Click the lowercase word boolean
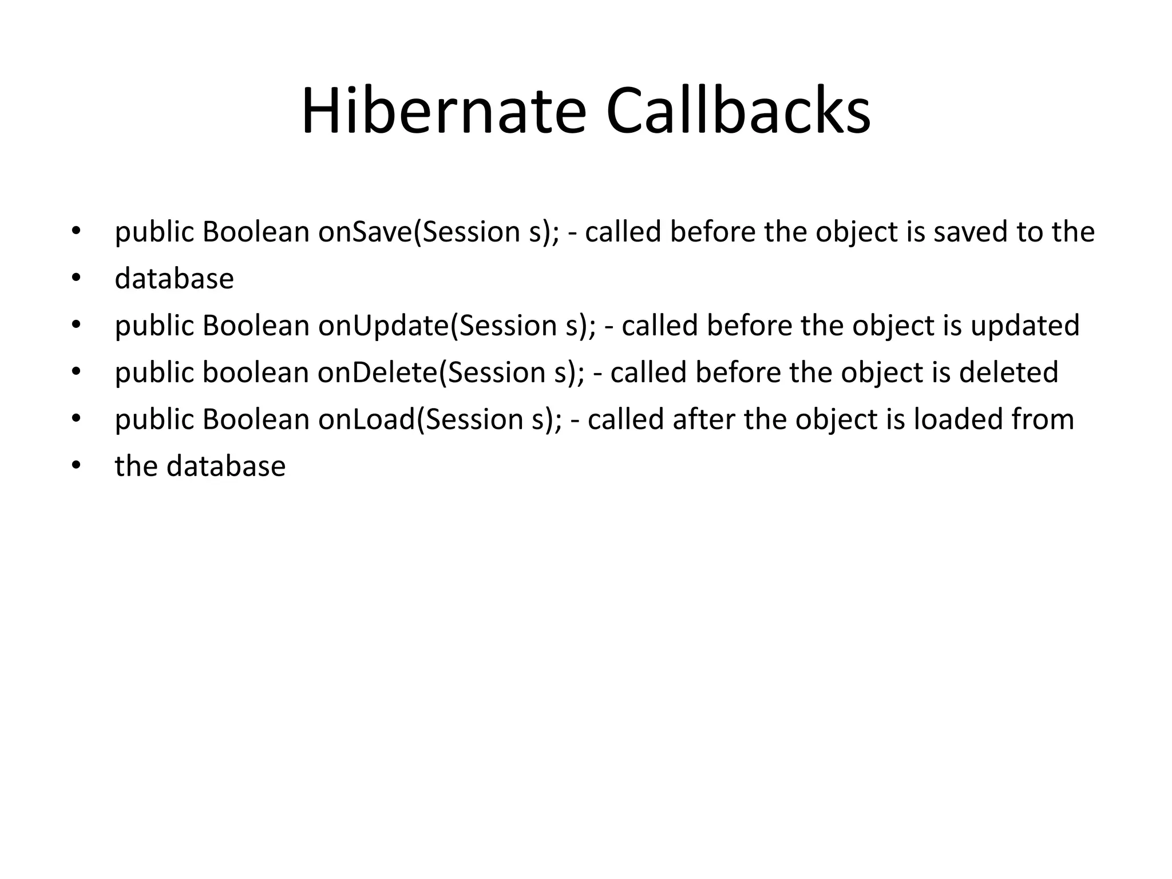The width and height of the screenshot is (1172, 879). coord(255,373)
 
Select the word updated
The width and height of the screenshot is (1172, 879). coord(1025,326)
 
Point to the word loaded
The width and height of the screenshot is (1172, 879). coord(956,419)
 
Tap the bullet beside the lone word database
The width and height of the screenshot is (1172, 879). coord(77,279)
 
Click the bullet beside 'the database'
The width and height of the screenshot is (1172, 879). coord(77,466)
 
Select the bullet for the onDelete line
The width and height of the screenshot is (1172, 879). coord(77,373)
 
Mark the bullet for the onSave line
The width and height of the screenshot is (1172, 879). coord(77,232)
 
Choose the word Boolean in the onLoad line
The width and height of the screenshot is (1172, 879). coord(256,419)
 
